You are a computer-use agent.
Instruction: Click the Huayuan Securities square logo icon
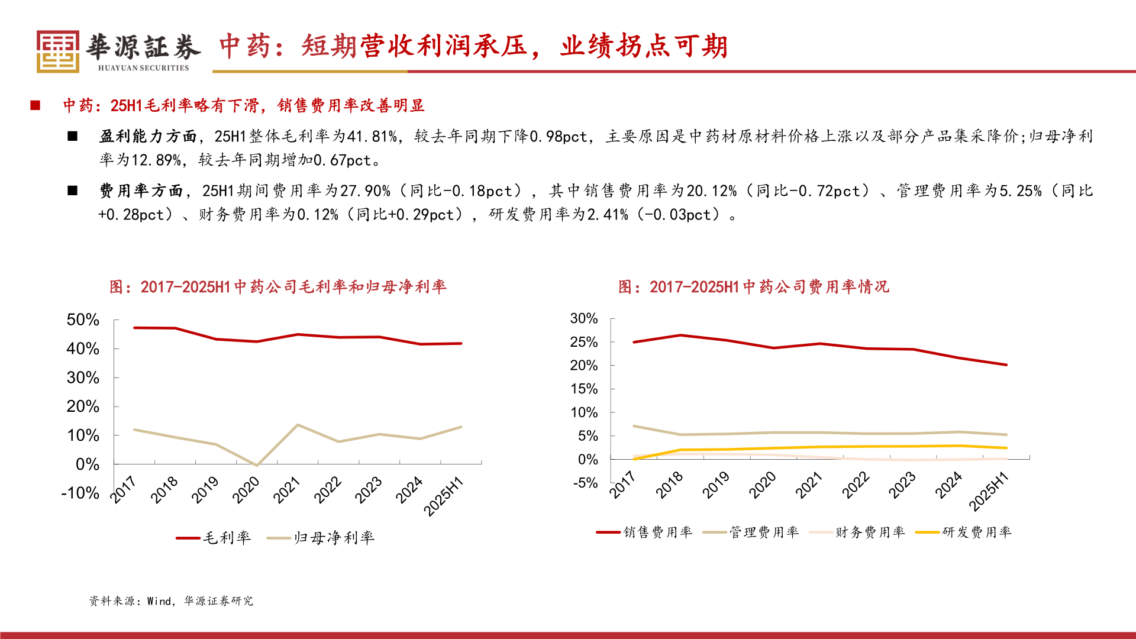pyautogui.click(x=57, y=51)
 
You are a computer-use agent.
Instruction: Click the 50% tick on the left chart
pyautogui.click(x=83, y=320)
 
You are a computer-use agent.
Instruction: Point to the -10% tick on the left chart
pyautogui.click(x=80, y=493)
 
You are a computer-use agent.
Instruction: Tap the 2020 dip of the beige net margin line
pyautogui.click(x=256, y=465)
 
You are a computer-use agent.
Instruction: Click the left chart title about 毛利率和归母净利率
pyautogui.click(x=278, y=287)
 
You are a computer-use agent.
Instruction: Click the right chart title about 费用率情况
pyautogui.click(x=753, y=287)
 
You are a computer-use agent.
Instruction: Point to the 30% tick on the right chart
pyautogui.click(x=584, y=319)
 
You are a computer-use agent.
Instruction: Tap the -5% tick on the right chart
pyautogui.click(x=585, y=483)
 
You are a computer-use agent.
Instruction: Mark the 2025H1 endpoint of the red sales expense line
pyautogui.click(x=1006, y=364)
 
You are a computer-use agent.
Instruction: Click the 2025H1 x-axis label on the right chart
pyautogui.click(x=989, y=491)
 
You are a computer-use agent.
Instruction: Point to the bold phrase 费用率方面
pyautogui.click(x=141, y=191)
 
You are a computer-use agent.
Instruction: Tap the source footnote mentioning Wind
pyautogui.click(x=171, y=601)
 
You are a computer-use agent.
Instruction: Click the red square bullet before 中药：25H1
pyautogui.click(x=35, y=105)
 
